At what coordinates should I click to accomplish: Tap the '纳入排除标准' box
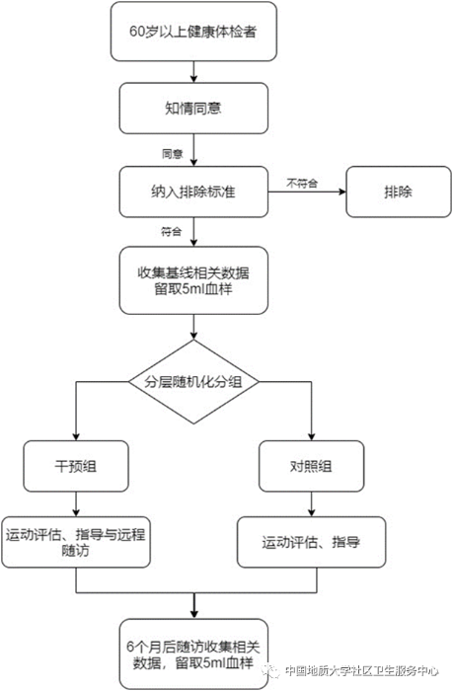[195, 192]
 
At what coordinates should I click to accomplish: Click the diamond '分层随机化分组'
[195, 382]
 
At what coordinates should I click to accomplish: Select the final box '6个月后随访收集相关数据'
[195, 653]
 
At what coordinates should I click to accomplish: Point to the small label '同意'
[172, 154]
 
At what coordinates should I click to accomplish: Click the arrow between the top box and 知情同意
[195, 71]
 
